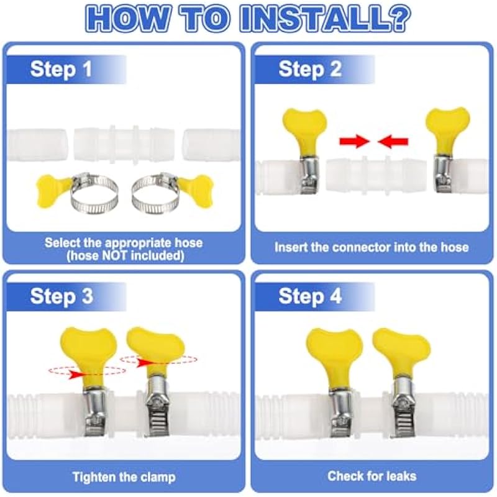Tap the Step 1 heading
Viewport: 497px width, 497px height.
tap(61, 69)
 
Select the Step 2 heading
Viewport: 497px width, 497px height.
tap(310, 69)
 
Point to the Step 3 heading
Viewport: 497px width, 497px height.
tap(62, 296)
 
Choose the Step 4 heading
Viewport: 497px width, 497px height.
tap(310, 296)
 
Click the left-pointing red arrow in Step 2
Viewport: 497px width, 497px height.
tap(393, 142)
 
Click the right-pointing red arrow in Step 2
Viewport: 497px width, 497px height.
tap(354, 142)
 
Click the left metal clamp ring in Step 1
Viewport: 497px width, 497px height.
tap(94, 203)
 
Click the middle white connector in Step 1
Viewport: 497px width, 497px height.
tap(124, 145)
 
